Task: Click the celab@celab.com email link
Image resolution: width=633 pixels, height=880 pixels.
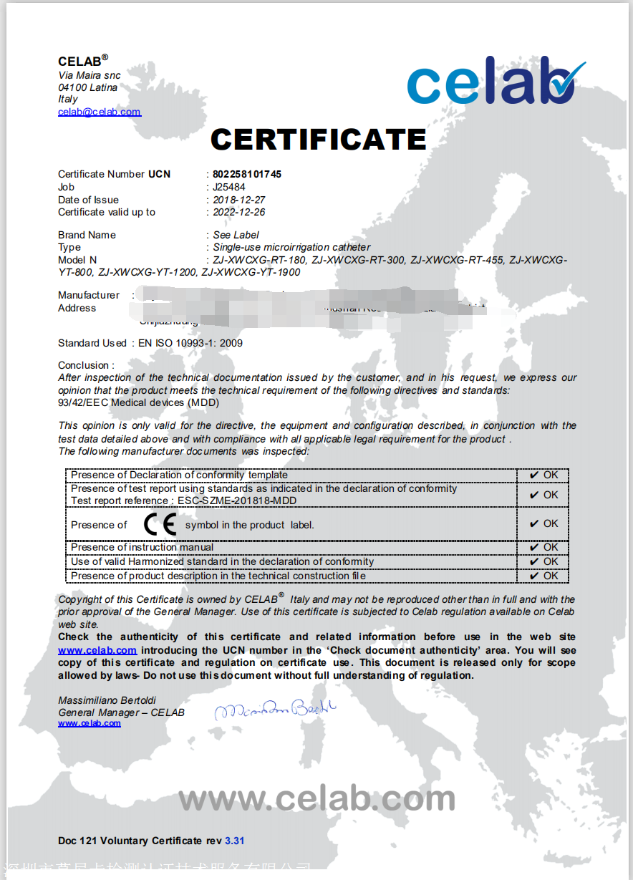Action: (100, 112)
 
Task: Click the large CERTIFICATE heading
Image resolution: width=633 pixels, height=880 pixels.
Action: (319, 140)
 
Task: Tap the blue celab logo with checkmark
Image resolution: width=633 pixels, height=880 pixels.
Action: (496, 82)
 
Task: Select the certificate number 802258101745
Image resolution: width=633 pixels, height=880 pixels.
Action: (247, 174)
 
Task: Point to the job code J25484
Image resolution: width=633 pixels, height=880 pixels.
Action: (229, 187)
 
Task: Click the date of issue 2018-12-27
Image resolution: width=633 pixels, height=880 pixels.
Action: (239, 200)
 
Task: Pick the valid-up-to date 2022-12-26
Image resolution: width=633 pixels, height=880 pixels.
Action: (239, 212)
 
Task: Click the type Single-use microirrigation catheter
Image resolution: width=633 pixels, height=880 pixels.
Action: (291, 247)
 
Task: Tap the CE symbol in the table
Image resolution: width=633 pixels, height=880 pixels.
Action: (160, 525)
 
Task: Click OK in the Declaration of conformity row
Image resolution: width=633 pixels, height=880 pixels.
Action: (543, 475)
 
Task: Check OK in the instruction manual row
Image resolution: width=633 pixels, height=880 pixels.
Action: (543, 547)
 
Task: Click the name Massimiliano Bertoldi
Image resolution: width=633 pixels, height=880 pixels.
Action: (107, 700)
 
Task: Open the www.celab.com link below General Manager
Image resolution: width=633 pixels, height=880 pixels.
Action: (90, 723)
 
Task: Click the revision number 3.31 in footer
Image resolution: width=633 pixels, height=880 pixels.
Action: (234, 841)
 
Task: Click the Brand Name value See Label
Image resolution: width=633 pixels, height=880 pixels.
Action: (236, 235)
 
